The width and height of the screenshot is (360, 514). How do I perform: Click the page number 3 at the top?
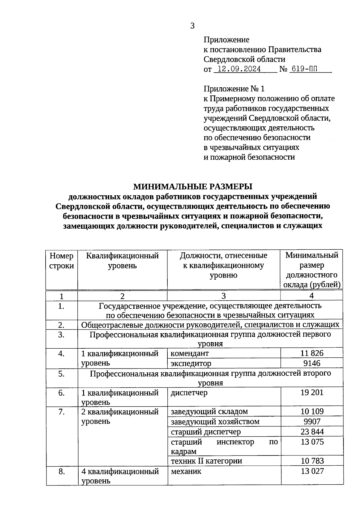[192, 26]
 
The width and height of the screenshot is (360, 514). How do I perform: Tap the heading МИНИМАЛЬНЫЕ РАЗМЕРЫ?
[193, 187]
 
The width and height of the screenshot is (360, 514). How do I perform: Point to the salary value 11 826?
[312, 353]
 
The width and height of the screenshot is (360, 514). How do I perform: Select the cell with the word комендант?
[190, 353]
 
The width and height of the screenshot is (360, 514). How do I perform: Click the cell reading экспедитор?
[191, 363]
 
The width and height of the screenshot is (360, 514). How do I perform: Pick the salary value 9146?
[312, 363]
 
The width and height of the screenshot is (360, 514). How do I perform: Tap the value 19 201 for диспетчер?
[312, 392]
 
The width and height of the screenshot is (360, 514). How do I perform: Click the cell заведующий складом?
[209, 411]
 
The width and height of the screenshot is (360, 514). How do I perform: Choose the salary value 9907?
[312, 422]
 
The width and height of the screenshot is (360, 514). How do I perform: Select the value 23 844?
[312, 431]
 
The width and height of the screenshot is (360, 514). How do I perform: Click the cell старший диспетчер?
[206, 431]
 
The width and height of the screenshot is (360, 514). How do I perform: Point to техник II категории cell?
[206, 461]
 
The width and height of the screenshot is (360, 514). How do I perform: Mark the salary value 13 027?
[312, 471]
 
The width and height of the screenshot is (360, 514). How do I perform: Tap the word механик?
[186, 471]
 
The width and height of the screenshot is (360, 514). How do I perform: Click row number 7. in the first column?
[61, 412]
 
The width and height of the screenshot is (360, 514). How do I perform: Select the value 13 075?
[312, 442]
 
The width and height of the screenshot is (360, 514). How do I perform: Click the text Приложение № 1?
[234, 89]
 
